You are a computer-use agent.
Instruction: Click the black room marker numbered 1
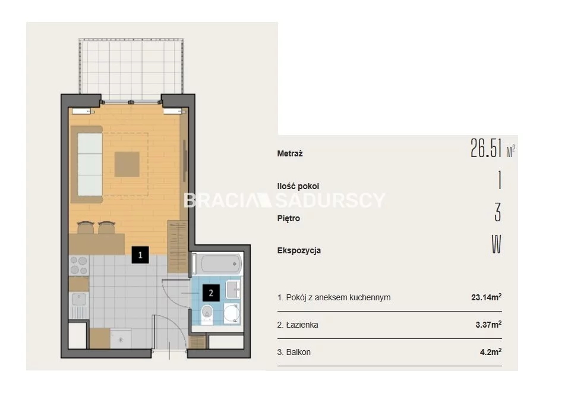click(140, 255)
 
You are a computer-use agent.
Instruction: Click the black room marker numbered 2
click(211, 293)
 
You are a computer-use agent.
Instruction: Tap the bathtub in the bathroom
click(217, 263)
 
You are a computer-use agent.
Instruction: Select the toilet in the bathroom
click(207, 314)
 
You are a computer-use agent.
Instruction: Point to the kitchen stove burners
click(79, 265)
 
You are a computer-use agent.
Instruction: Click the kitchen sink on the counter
click(79, 300)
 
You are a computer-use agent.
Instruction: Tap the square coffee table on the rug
click(127, 164)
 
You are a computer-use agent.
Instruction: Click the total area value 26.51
click(486, 148)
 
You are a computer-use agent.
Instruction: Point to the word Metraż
click(290, 153)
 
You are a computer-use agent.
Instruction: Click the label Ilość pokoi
click(298, 186)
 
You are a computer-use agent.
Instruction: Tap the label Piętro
click(289, 218)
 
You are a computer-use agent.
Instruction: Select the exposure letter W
click(496, 244)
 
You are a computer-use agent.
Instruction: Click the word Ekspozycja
click(299, 250)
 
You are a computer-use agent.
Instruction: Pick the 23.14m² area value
click(487, 297)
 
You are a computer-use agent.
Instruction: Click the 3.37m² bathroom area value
click(488, 324)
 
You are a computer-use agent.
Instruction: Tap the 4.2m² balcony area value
click(491, 351)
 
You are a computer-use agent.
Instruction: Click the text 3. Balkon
click(294, 352)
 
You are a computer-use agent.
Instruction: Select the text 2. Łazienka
click(298, 325)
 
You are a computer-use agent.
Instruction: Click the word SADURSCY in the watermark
click(330, 200)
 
